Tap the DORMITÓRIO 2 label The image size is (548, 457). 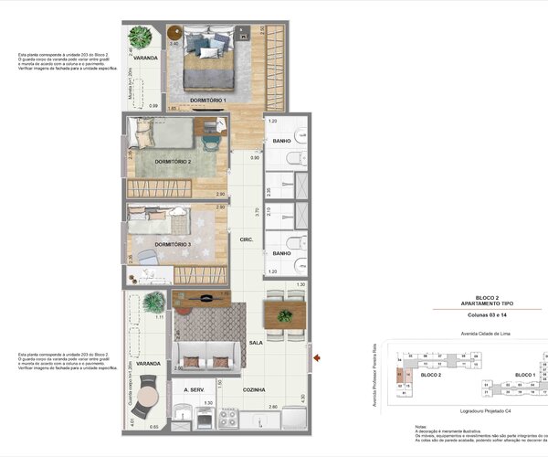tap(173, 162)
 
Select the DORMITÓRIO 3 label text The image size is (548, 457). tap(173, 244)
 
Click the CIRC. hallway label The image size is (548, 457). tap(246, 239)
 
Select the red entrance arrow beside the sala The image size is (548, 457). tap(315, 357)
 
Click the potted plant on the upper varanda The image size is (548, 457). tap(141, 37)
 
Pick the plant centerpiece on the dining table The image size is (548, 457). tap(285, 316)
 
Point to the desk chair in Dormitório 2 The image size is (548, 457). tap(211, 142)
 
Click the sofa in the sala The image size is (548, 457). tap(206, 355)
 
